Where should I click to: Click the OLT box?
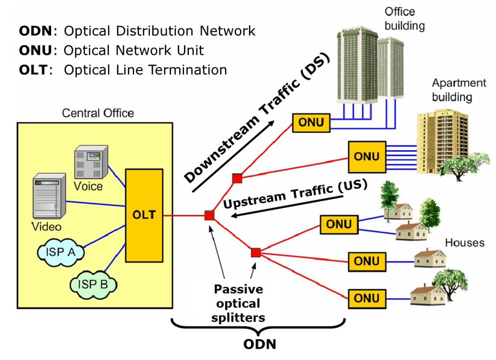[144, 215]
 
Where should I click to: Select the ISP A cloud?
[60, 252]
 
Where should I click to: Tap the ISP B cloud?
[93, 285]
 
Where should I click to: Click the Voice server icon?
[91, 162]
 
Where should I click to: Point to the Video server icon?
[49, 196]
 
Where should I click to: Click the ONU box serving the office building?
[311, 123]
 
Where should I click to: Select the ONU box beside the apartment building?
[367, 157]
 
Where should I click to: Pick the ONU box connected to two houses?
[339, 225]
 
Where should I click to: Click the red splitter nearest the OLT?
[209, 215]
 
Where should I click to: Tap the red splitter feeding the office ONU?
[237, 178]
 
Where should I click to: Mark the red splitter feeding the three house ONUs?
[256, 252]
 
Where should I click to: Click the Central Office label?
[98, 113]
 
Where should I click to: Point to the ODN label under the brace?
[260, 344]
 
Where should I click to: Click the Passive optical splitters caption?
[238, 304]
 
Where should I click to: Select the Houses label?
[465, 243]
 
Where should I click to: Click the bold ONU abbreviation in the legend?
[35, 50]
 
